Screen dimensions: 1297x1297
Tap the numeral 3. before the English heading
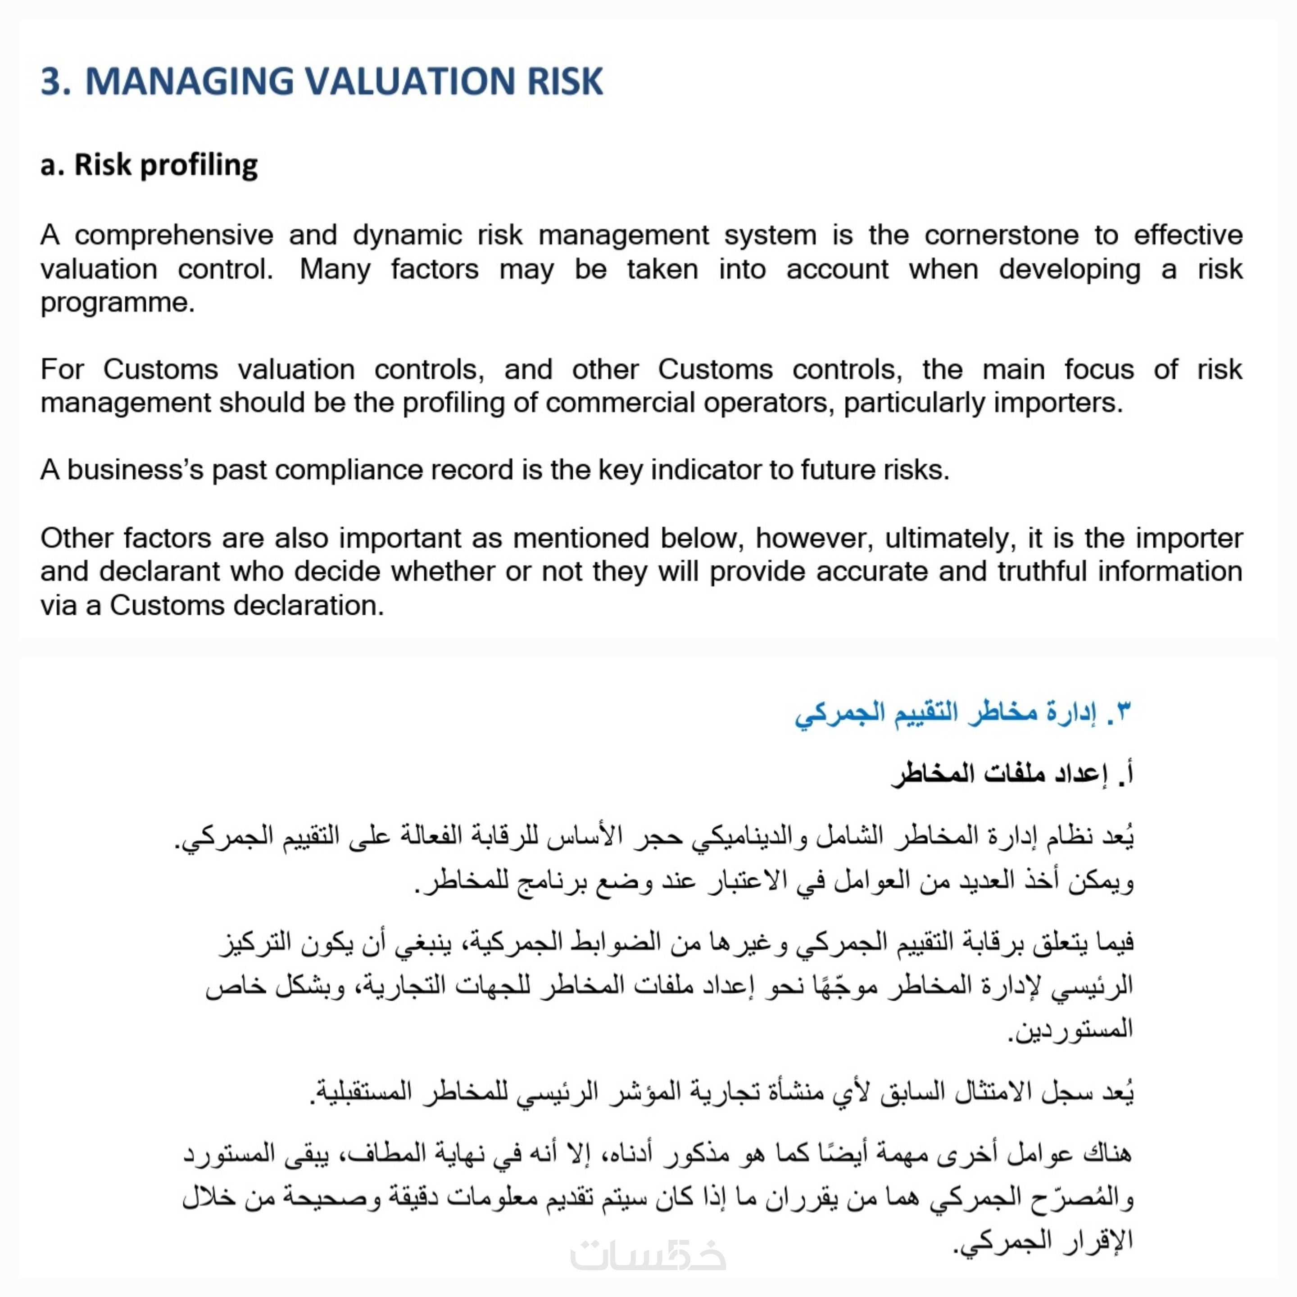coord(55,81)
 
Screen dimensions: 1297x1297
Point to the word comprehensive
coord(174,236)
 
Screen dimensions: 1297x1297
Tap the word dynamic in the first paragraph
coord(407,236)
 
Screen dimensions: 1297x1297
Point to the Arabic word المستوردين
coord(1072,1029)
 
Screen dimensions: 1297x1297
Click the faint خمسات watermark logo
coord(648,1254)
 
